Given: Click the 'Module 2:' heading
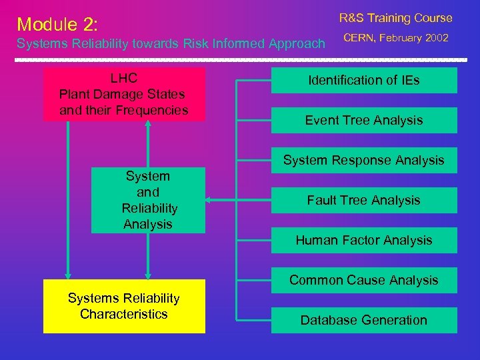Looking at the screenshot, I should [58, 25].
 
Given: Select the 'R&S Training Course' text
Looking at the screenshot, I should [395, 18].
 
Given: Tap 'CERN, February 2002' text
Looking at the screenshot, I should [396, 38].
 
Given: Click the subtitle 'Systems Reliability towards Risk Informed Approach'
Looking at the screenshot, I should [170, 44].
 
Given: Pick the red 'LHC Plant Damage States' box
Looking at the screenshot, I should [124, 94].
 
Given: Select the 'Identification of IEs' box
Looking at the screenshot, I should [363, 81].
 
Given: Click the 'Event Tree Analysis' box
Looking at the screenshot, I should [363, 121].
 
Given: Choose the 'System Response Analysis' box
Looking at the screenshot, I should [363, 160].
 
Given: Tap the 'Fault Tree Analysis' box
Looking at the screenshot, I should [363, 200].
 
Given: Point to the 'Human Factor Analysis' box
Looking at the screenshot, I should [363, 240].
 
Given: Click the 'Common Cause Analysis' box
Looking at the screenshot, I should [363, 280].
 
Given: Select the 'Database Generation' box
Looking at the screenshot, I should [363, 320].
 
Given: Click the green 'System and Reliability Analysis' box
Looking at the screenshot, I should [148, 200].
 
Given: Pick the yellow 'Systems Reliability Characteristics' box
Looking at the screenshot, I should [124, 306].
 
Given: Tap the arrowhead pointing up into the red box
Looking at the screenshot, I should [148, 125].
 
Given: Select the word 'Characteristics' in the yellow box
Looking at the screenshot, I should [124, 314].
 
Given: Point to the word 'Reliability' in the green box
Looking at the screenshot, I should [149, 209].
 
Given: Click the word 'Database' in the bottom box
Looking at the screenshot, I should [328, 320].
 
